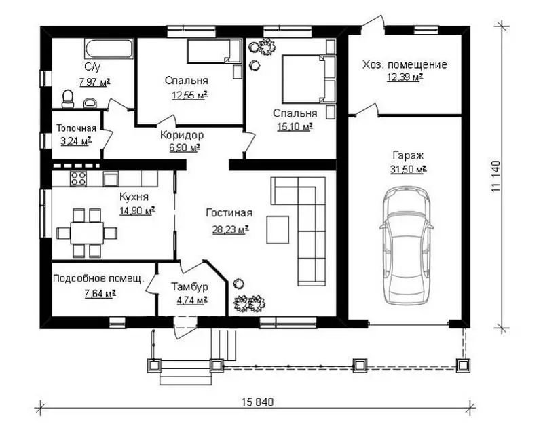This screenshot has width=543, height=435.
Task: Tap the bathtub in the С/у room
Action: tap(109, 49)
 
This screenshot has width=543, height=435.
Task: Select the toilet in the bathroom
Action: tap(67, 98)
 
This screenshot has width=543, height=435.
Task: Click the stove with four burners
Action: tap(78, 178)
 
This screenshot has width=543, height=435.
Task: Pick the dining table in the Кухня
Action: tap(87, 233)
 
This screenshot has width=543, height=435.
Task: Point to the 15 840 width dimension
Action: tap(257, 402)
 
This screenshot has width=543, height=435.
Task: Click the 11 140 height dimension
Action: tap(495, 176)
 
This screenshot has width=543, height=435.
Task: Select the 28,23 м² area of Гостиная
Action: tap(231, 229)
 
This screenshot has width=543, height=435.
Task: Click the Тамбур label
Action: tap(190, 287)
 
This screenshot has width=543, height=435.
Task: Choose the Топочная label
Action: tap(76, 128)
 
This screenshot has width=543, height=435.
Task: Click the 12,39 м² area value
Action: tap(405, 77)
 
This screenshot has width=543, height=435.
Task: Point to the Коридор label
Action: tap(182, 135)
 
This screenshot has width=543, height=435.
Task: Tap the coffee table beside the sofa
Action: tap(278, 229)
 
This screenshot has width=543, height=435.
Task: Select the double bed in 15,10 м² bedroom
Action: tap(309, 79)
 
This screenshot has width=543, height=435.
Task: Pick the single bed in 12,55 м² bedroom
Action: tap(214, 52)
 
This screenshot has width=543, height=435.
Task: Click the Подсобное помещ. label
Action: tap(98, 278)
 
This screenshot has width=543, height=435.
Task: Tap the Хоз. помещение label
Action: tap(405, 64)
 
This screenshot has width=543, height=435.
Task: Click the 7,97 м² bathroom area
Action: tap(95, 82)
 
